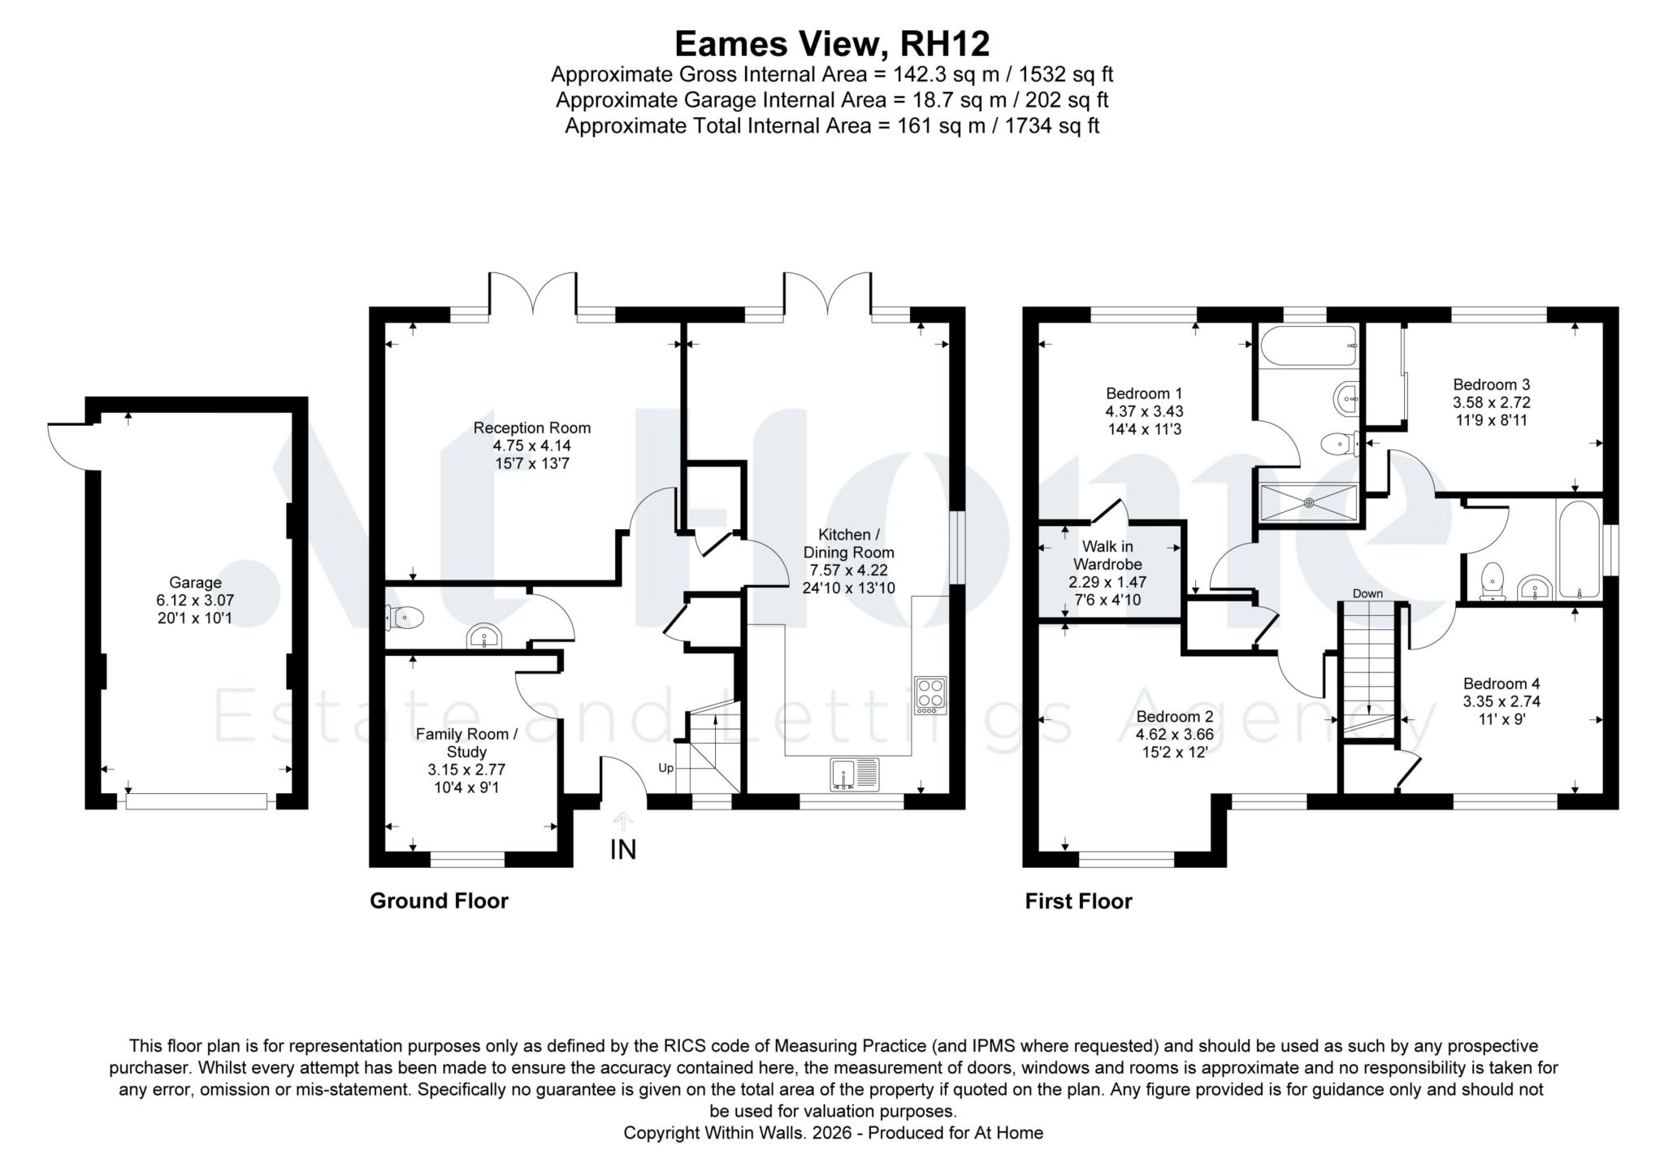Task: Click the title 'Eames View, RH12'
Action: click(x=832, y=43)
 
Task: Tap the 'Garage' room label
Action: click(x=195, y=583)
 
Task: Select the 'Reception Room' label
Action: click(x=532, y=427)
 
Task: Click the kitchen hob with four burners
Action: click(x=930, y=696)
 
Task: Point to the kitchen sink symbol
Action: click(x=855, y=774)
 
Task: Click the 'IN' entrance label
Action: click(x=623, y=850)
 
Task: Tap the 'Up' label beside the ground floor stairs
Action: click(x=665, y=768)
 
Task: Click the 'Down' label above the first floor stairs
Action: click(x=1367, y=593)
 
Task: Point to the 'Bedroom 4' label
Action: click(x=1501, y=683)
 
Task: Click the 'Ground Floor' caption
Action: click(x=439, y=900)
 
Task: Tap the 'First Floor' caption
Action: click(x=1078, y=900)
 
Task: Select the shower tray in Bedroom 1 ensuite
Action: click(x=1309, y=502)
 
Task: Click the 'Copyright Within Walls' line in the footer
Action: click(x=833, y=1133)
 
